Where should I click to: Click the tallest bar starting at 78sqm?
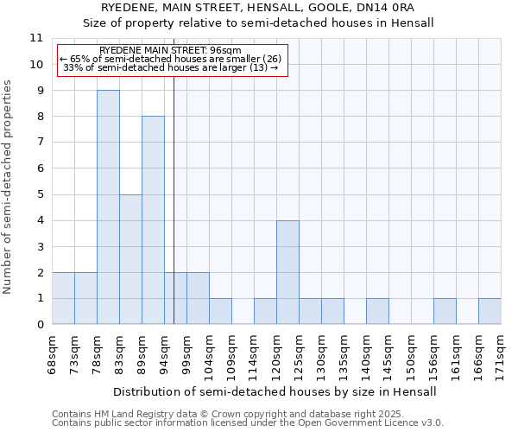pyautogui.click(x=108, y=207)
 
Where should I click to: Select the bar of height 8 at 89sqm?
pyautogui.click(x=153, y=220)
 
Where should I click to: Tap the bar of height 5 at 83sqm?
pyautogui.click(x=130, y=259)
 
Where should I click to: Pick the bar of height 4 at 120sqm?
pyautogui.click(x=287, y=272)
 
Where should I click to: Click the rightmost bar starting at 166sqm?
pyautogui.click(x=490, y=311)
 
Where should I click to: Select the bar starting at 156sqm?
pyautogui.click(x=445, y=311)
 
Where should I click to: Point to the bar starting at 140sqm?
pyautogui.click(x=377, y=311)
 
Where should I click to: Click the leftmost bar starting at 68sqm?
pyautogui.click(x=63, y=298)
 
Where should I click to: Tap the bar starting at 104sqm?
pyautogui.click(x=220, y=311)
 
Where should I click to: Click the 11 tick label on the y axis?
pyautogui.click(x=35, y=38)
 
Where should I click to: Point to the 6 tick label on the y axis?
pyautogui.click(x=39, y=168)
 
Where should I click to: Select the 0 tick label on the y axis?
pyautogui.click(x=39, y=325)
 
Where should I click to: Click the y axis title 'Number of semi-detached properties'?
pyautogui.click(x=9, y=187)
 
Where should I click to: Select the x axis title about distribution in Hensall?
pyautogui.click(x=275, y=391)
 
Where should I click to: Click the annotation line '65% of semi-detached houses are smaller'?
pyautogui.click(x=170, y=59)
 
